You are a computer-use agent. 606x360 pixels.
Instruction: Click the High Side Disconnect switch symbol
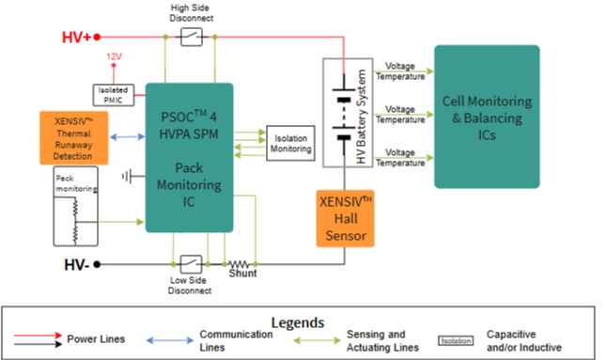click(x=192, y=37)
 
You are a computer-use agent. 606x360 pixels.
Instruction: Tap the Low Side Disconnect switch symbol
click(x=192, y=264)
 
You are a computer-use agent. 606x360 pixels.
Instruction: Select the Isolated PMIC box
click(x=114, y=95)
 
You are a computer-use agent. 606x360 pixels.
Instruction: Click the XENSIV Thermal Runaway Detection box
click(x=74, y=138)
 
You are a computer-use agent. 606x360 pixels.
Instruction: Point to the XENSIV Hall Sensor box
click(x=345, y=218)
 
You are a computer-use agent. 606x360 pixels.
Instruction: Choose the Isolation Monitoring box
click(x=290, y=143)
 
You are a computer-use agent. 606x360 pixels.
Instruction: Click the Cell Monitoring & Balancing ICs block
click(x=487, y=117)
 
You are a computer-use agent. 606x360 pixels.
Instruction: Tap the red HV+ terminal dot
click(x=97, y=37)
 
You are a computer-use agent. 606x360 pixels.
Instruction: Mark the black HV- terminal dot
click(x=97, y=264)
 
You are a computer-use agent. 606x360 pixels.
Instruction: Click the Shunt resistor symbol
click(x=240, y=264)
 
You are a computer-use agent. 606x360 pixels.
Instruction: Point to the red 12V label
click(x=114, y=56)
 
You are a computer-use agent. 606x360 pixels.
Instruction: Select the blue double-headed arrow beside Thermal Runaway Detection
click(x=127, y=137)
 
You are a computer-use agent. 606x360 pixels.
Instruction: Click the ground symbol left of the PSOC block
click(x=127, y=177)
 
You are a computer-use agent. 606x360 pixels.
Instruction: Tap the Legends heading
click(x=298, y=322)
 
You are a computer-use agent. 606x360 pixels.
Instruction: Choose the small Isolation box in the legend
click(x=456, y=340)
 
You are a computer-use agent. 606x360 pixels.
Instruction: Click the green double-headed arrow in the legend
click(x=317, y=340)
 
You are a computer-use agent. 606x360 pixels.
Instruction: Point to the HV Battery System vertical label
click(x=361, y=117)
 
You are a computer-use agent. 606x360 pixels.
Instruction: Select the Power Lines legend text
click(x=96, y=339)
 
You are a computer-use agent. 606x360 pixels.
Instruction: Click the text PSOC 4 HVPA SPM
click(x=189, y=125)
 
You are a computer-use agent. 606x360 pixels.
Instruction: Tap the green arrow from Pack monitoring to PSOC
click(x=121, y=222)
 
